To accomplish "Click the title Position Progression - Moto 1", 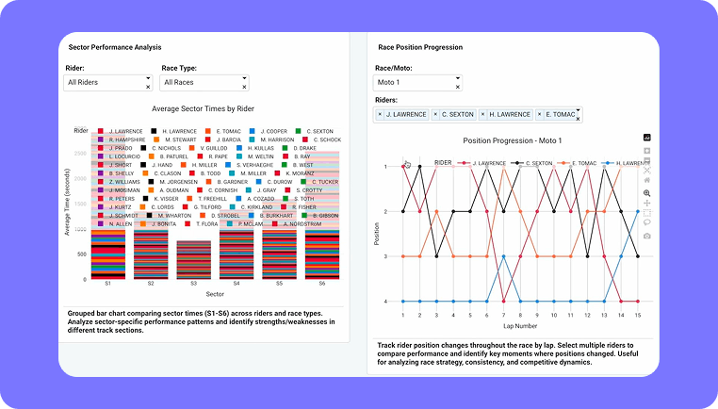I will pos(513,140).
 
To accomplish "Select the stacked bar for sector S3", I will pos(193,259).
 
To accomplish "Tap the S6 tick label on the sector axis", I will pos(322,283).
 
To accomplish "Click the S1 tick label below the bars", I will pos(107,283).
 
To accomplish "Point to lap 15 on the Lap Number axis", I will pos(639,315).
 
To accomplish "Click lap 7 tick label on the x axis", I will pos(504,315).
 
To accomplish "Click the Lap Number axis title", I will pos(520,326).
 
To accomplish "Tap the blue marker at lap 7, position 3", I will pos(504,256).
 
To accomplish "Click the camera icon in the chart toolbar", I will pos(647,235).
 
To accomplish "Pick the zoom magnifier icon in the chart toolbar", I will pos(647,192).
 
